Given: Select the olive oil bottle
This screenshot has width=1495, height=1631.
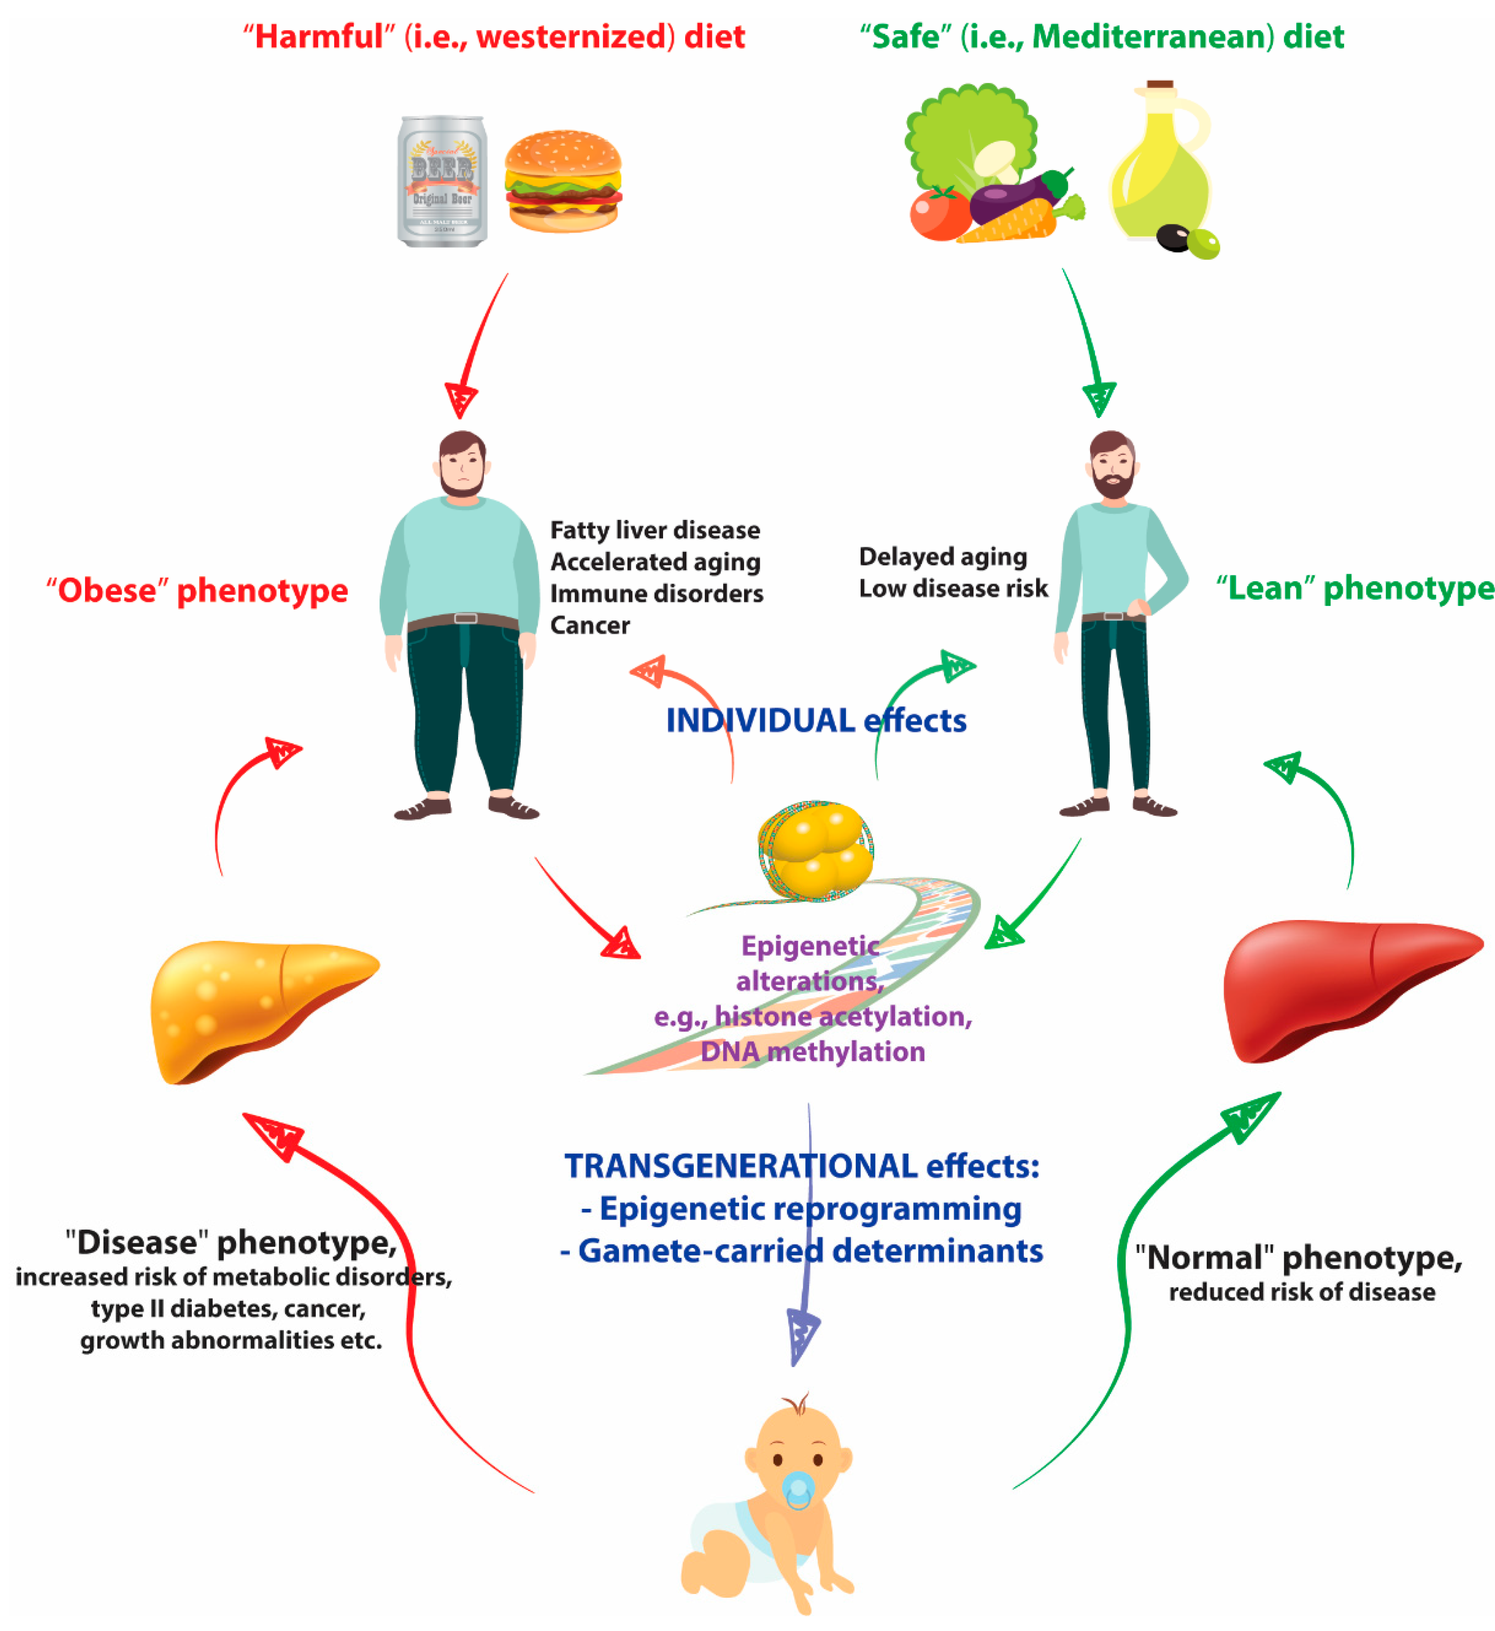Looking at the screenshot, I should pos(1159,162).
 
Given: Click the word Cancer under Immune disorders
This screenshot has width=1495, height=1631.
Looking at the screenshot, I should pos(590,625).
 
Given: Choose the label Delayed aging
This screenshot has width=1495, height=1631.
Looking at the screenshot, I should pos(942,556).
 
